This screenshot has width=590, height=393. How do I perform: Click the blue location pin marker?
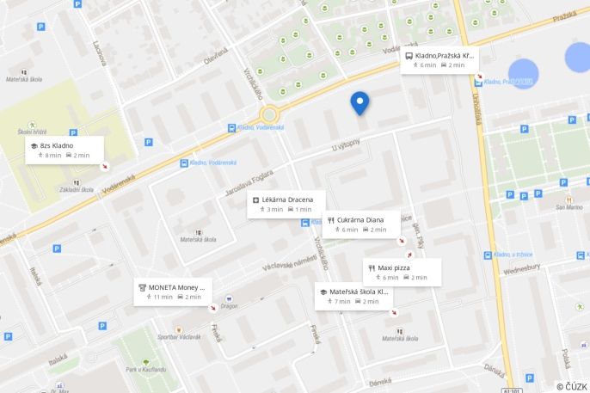360,102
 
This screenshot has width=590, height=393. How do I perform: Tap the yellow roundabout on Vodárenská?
269,114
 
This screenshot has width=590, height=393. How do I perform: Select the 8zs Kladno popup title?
57,145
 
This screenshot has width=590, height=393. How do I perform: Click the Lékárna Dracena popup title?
287,200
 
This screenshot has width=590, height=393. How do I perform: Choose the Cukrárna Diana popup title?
360,219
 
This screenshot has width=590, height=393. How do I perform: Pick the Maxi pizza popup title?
396,267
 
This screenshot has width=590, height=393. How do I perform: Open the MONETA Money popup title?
177,286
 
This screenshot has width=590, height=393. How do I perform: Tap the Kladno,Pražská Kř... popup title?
445,55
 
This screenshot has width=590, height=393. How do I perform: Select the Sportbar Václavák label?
179,336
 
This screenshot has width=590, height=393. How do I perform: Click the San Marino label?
568,206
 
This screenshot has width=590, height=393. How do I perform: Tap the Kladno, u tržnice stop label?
524,255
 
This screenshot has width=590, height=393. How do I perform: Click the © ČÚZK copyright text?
571,386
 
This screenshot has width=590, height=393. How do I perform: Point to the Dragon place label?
229,306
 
